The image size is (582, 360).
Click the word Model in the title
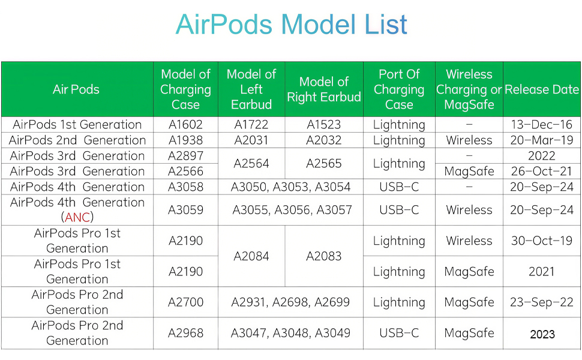[318, 25]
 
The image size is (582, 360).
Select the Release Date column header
[542, 89]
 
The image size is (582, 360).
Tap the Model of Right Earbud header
[323, 89]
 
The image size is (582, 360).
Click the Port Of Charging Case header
[399, 89]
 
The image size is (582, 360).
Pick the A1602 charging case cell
[185, 125]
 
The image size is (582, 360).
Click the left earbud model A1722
[251, 125]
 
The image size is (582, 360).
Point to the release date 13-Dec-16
[542, 125]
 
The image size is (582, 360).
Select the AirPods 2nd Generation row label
[77, 140]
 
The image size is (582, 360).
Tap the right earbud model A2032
[323, 140]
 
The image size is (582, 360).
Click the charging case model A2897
[185, 156]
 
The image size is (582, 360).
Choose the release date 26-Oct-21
[542, 171]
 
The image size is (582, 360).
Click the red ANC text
[77, 217]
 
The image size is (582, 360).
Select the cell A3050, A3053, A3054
[290, 187]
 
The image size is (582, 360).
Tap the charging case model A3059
[185, 210]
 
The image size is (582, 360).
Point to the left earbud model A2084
[251, 256]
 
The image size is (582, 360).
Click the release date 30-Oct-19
[542, 241]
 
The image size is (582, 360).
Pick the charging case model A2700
[185, 302]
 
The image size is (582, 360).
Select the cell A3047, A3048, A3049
[290, 333]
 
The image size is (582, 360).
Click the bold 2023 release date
[542, 334]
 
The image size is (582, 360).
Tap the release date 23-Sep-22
[542, 302]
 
